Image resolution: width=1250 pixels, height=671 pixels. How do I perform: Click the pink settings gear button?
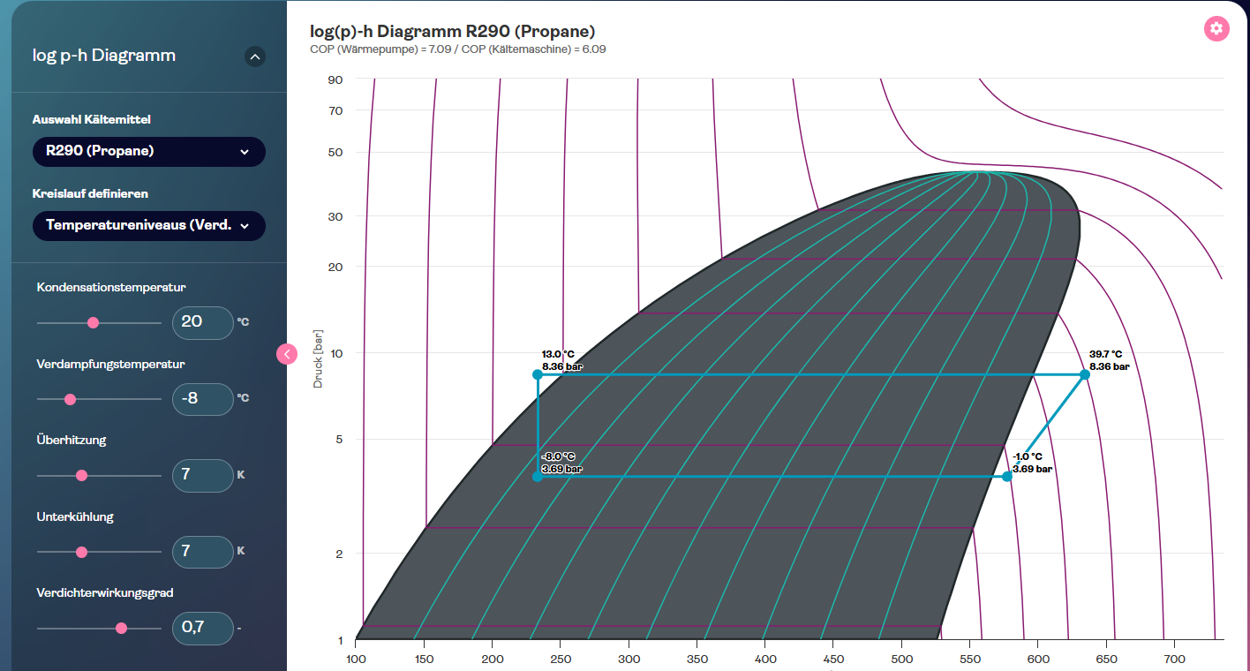(x=1216, y=28)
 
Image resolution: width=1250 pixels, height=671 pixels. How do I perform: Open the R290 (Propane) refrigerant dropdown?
(x=148, y=151)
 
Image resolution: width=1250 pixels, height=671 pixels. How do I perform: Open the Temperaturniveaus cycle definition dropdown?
(x=148, y=225)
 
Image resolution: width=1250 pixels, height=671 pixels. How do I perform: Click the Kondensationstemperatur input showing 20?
(x=202, y=322)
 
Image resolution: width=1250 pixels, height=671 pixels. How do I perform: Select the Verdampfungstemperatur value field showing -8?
(x=202, y=398)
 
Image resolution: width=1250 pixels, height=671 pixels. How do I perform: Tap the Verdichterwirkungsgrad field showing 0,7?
(x=202, y=628)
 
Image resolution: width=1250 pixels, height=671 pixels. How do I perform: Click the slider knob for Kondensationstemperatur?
(x=94, y=323)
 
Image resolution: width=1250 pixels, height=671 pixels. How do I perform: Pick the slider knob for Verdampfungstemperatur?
(x=71, y=399)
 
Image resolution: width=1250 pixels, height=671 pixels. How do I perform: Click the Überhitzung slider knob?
(x=82, y=475)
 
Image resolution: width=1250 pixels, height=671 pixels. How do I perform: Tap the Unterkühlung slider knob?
(x=82, y=552)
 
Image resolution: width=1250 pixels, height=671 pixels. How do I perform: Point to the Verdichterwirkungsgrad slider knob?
(x=122, y=629)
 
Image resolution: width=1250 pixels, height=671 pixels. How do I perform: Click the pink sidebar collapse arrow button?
(x=287, y=354)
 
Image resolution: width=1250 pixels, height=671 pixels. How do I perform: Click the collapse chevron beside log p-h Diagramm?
(x=255, y=57)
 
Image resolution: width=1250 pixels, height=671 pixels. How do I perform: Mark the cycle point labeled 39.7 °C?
(x=1085, y=374)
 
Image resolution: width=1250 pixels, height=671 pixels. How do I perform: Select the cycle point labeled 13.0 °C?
(x=538, y=374)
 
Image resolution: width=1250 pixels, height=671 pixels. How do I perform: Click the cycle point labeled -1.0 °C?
(x=1007, y=477)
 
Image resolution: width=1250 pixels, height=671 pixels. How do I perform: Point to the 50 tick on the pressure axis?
(x=335, y=152)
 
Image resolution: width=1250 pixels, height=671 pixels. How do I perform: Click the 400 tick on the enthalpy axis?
(x=765, y=659)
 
